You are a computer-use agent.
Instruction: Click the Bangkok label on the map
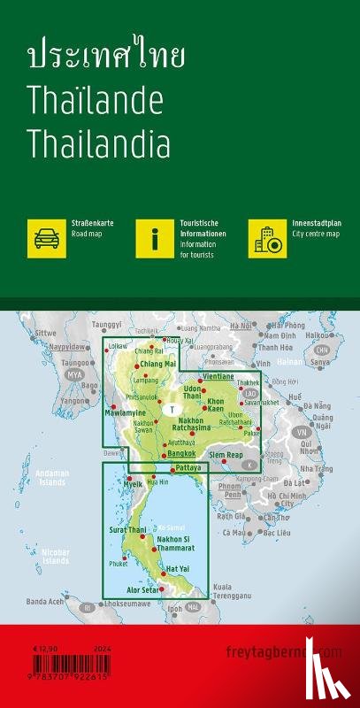click(x=180, y=453)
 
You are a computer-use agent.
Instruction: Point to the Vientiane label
click(x=218, y=352)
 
